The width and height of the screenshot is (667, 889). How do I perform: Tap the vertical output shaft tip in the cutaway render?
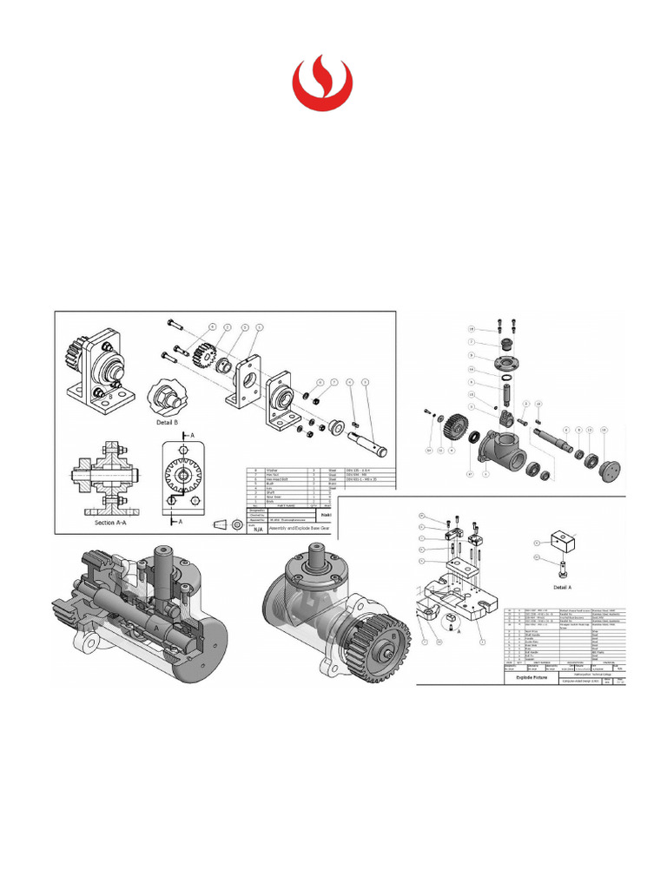(163, 556)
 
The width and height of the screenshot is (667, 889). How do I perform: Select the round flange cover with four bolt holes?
(500, 363)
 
